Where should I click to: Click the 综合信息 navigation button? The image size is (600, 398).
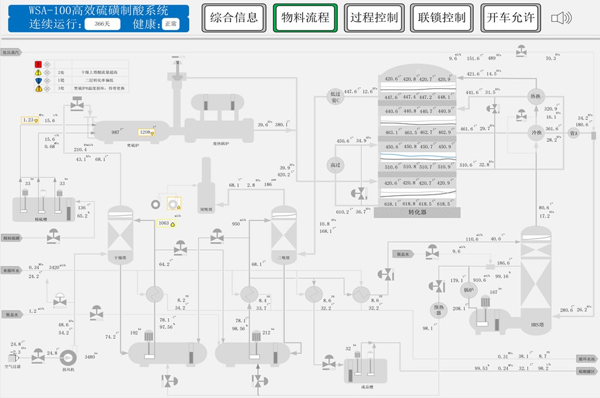234,17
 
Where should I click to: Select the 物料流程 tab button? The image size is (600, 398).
305,17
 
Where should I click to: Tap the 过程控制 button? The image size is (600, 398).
374,17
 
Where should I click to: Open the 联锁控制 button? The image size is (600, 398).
442,17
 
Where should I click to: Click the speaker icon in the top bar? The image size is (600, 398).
561,18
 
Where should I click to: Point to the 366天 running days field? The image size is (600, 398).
102,24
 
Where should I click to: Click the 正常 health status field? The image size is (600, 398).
170,24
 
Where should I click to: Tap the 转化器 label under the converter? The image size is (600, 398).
417,213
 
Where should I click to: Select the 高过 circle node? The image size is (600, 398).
334,165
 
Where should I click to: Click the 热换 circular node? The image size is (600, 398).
537,97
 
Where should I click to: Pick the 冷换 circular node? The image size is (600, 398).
537,132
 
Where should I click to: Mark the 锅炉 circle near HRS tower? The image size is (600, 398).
468,290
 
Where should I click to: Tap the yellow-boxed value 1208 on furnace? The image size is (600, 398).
146,132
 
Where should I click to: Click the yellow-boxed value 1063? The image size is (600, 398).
165,223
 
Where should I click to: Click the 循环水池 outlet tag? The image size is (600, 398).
588,359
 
